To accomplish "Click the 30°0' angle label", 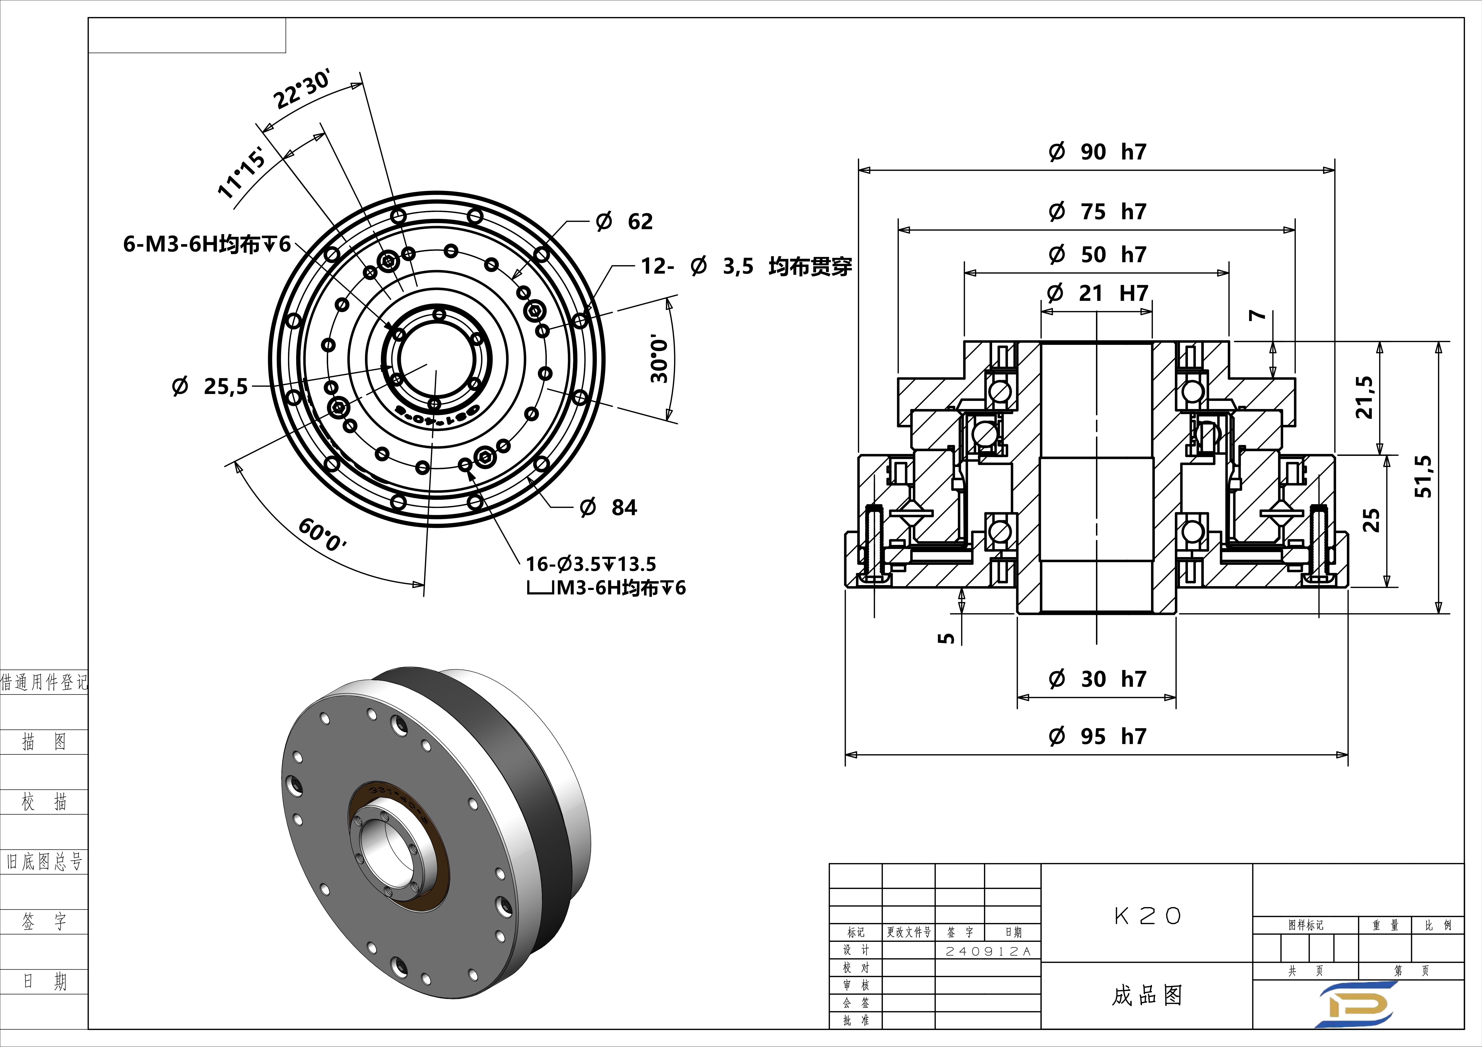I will tap(659, 359).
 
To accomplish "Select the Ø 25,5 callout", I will tap(210, 386).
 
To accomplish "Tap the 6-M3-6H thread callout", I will tap(207, 244).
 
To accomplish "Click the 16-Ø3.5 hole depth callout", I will tap(591, 565).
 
